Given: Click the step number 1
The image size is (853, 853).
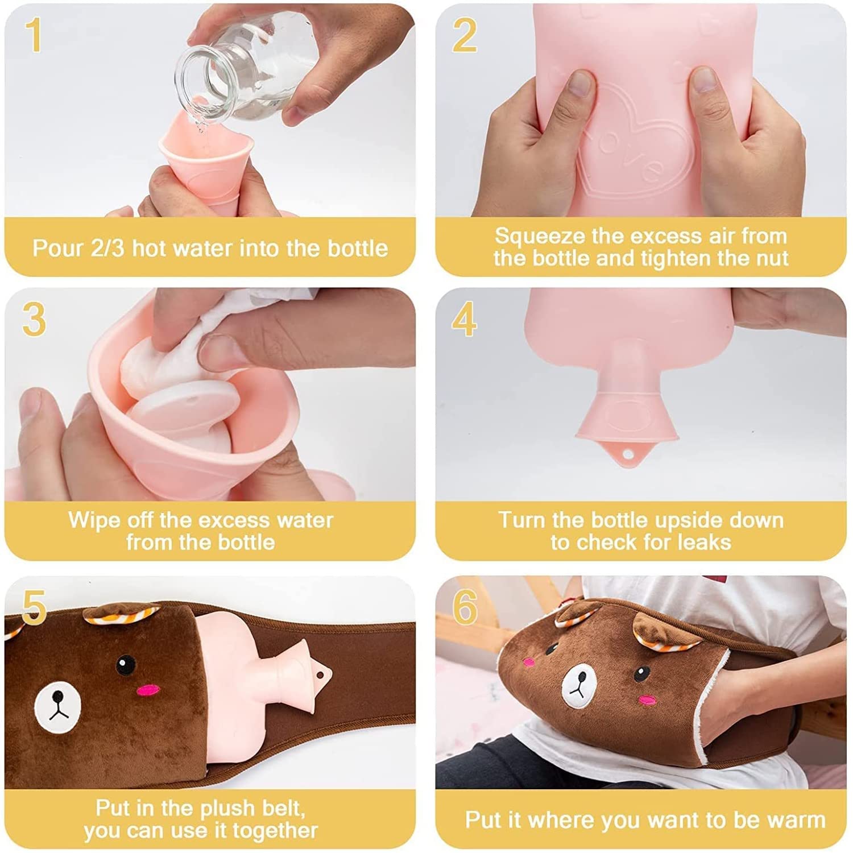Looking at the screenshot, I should [34, 35].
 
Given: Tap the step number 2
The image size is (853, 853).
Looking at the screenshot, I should [465, 35].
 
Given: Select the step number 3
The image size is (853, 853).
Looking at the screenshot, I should [34, 319].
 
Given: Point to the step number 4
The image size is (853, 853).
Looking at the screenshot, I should [464, 319].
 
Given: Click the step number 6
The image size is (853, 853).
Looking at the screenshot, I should [465, 607].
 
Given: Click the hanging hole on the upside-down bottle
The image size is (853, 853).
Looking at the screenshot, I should [627, 454].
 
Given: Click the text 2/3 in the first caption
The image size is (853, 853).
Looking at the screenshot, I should [107, 249].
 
